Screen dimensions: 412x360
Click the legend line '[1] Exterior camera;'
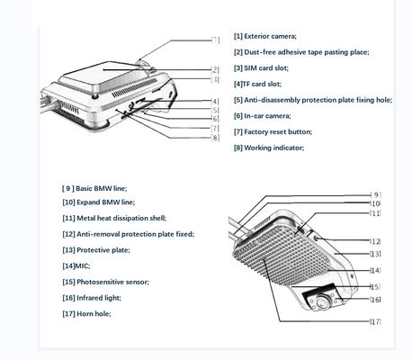pos(265,36)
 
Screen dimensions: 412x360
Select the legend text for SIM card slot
pos(261,68)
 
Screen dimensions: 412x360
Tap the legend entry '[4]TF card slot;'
pos(257,84)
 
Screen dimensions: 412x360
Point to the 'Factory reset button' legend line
pos(273,132)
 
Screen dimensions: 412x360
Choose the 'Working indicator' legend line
pos(269,148)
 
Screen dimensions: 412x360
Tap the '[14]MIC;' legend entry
pos(76,266)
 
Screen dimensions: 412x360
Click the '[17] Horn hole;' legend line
pos(86,314)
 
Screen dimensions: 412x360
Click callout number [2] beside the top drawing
pos(215,70)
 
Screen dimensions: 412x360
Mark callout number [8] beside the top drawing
pos(215,138)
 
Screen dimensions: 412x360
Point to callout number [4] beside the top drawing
pos(215,102)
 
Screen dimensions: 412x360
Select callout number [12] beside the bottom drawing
pos(375,241)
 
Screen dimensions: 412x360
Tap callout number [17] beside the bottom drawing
pos(375,321)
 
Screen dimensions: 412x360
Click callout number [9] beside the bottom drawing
pos(376,195)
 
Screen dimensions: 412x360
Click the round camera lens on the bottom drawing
pos(322,301)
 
